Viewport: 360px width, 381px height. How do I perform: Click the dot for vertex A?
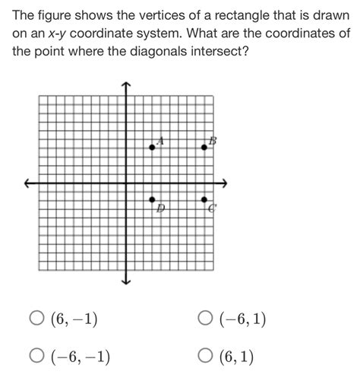pos(153,147)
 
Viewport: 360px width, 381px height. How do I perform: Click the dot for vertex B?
pos(204,145)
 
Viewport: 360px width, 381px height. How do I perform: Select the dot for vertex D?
pos(153,200)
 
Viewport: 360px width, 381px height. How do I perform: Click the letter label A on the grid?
pos(160,140)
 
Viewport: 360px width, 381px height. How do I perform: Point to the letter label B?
pos(213,140)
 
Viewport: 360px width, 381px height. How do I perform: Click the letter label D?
pos(160,208)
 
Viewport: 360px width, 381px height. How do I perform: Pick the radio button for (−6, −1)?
pos(36,355)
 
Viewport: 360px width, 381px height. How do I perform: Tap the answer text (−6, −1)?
pos(79,355)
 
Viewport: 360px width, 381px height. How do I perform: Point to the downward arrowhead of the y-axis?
pos(126,283)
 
